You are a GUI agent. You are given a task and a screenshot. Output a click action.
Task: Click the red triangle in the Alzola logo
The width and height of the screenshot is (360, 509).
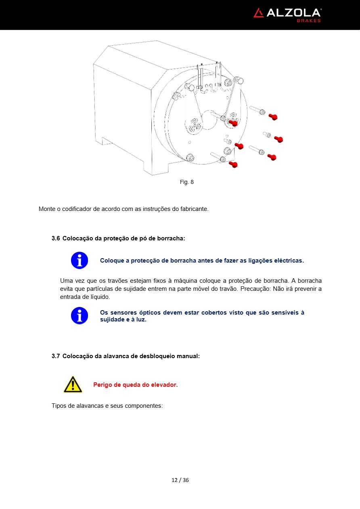tap(258, 13)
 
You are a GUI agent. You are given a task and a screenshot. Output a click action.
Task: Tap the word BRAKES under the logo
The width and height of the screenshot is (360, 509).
tap(309, 21)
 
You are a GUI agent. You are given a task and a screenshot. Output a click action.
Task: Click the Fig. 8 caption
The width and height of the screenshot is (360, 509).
tap(186, 182)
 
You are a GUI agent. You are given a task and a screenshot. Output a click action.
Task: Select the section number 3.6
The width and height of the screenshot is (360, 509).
tap(56, 238)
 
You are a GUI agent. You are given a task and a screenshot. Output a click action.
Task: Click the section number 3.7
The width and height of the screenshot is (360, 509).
tap(56, 356)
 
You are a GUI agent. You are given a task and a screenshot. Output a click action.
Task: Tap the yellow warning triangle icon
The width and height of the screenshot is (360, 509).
tap(73, 384)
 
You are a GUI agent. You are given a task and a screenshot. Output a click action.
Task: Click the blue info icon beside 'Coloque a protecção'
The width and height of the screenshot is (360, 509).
tap(80, 261)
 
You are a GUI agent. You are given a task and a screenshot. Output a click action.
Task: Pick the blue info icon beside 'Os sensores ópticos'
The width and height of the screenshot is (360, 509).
tap(80, 316)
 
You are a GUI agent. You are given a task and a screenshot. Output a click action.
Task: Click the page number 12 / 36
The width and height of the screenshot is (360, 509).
tap(180, 480)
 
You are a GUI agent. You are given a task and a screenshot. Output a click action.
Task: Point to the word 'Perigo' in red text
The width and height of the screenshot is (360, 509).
tap(103, 385)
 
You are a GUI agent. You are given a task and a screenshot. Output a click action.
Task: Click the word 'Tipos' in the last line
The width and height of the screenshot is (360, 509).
tap(59, 405)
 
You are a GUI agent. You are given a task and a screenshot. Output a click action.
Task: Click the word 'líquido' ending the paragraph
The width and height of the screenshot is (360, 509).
tap(99, 297)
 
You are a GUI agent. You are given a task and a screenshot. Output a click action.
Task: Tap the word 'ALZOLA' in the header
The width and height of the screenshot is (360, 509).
tap(293, 13)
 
